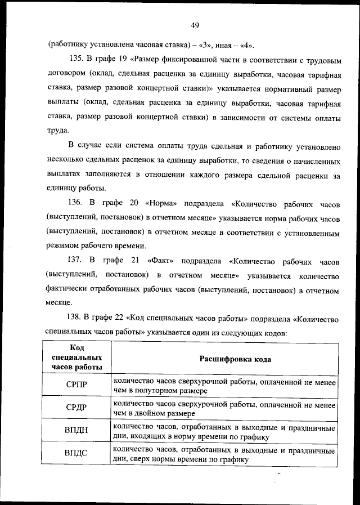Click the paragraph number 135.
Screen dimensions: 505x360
[77, 59]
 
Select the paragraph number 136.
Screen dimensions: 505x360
[76, 202]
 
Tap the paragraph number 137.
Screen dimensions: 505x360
[76, 261]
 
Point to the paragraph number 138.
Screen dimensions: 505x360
[76, 319]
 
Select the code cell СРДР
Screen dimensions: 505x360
[76, 408]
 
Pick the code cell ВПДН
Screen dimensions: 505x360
[76, 430]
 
